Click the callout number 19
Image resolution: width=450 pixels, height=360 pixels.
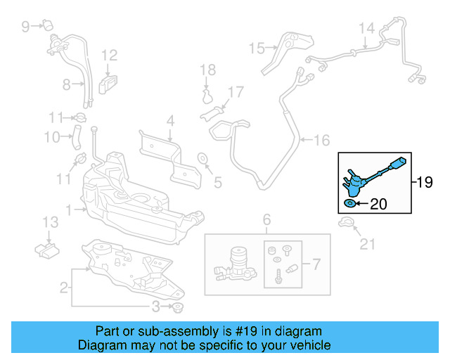pos(425,184)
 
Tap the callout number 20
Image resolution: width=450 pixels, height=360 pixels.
pos(378,205)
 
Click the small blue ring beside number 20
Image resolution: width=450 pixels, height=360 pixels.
pos(349,204)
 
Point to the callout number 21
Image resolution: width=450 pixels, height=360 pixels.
pos(368,244)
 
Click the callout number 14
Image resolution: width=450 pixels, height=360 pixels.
pos(367,29)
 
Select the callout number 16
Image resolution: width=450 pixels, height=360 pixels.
pos(321,141)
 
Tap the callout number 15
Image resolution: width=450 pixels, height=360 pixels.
pos(256,48)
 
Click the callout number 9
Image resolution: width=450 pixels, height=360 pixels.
pos(25,27)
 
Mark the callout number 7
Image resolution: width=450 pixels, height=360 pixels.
pos(316,265)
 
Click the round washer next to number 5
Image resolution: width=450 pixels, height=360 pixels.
pos(202,157)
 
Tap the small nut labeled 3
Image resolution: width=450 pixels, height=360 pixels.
pos(177,308)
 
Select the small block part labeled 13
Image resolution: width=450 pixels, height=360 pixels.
pos(48,249)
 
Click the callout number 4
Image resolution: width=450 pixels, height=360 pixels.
pos(169,121)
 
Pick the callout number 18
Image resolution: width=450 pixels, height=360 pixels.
pos(206,70)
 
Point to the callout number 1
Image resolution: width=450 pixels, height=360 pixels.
pos(68,209)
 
